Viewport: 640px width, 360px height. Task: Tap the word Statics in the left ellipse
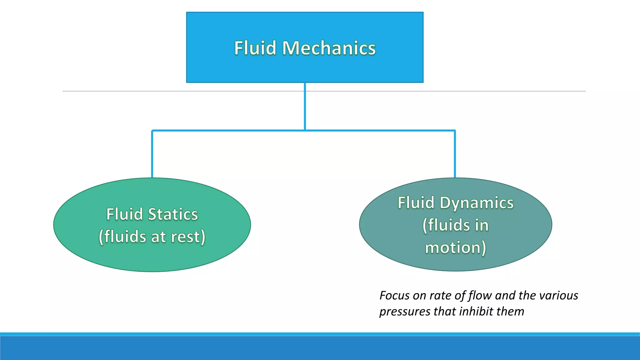(x=173, y=214)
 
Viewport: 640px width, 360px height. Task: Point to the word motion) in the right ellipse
(x=455, y=248)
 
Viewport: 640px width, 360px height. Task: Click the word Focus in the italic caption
(x=394, y=296)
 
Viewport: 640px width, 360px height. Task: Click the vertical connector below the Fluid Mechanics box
(x=305, y=106)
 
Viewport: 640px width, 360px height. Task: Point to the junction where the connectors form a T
(x=305, y=130)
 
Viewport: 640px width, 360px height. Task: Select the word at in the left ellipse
(x=158, y=237)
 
